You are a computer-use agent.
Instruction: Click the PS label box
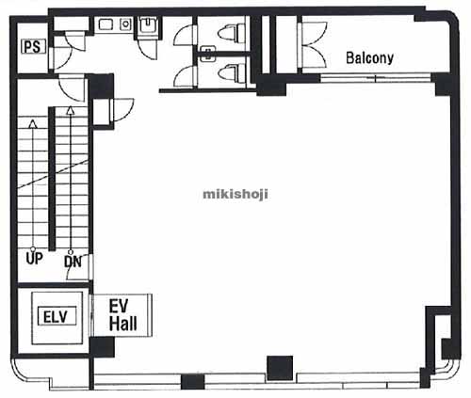34,46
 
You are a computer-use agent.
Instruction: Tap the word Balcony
369,58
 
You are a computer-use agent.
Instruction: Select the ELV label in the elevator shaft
57,316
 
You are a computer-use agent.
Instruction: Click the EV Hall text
122,315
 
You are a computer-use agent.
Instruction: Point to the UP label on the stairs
34,259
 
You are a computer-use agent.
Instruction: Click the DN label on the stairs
73,262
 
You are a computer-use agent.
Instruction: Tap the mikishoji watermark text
235,194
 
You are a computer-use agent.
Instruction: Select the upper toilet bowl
232,33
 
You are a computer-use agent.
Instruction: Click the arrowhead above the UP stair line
33,123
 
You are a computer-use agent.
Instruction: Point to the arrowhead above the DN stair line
71,110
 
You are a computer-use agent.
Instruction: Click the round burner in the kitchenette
125,24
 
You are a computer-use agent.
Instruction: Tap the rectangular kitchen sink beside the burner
106,24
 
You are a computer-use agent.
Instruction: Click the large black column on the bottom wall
280,368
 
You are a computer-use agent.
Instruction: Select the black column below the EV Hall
102,347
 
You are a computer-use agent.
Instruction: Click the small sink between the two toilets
207,54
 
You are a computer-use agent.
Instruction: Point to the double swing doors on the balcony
315,44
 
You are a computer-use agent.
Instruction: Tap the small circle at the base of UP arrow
33,249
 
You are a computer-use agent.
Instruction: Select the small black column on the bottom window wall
192,382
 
